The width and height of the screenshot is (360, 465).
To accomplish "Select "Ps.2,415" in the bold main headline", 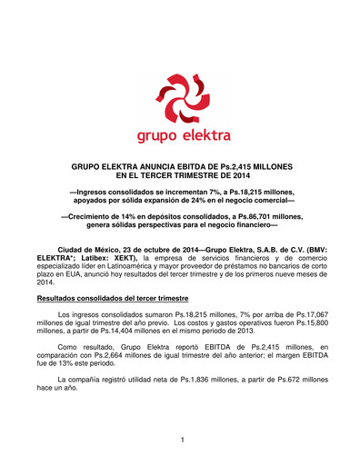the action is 241,169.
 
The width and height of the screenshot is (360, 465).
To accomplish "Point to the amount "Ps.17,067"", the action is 295,315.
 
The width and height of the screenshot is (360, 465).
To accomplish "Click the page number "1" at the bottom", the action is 182,440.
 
